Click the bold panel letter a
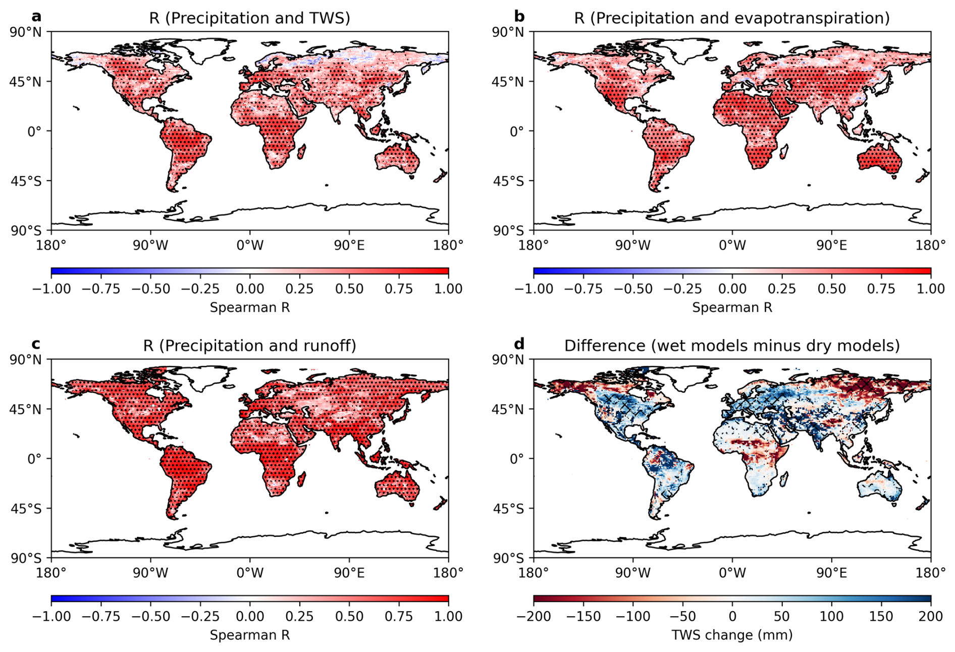(x=36, y=17)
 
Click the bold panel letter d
(x=519, y=344)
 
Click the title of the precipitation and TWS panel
(x=249, y=18)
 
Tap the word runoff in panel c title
(x=330, y=346)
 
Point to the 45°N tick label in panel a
(x=26, y=82)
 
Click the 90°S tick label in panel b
(x=508, y=231)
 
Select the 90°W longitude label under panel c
(x=150, y=573)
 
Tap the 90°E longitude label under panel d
(x=831, y=573)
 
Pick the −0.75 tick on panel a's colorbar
(x=101, y=289)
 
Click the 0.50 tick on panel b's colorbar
(x=831, y=289)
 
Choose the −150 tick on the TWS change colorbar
(x=583, y=617)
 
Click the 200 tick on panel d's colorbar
(x=930, y=617)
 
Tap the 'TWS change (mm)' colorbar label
(x=732, y=635)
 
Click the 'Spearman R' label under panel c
(x=249, y=635)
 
